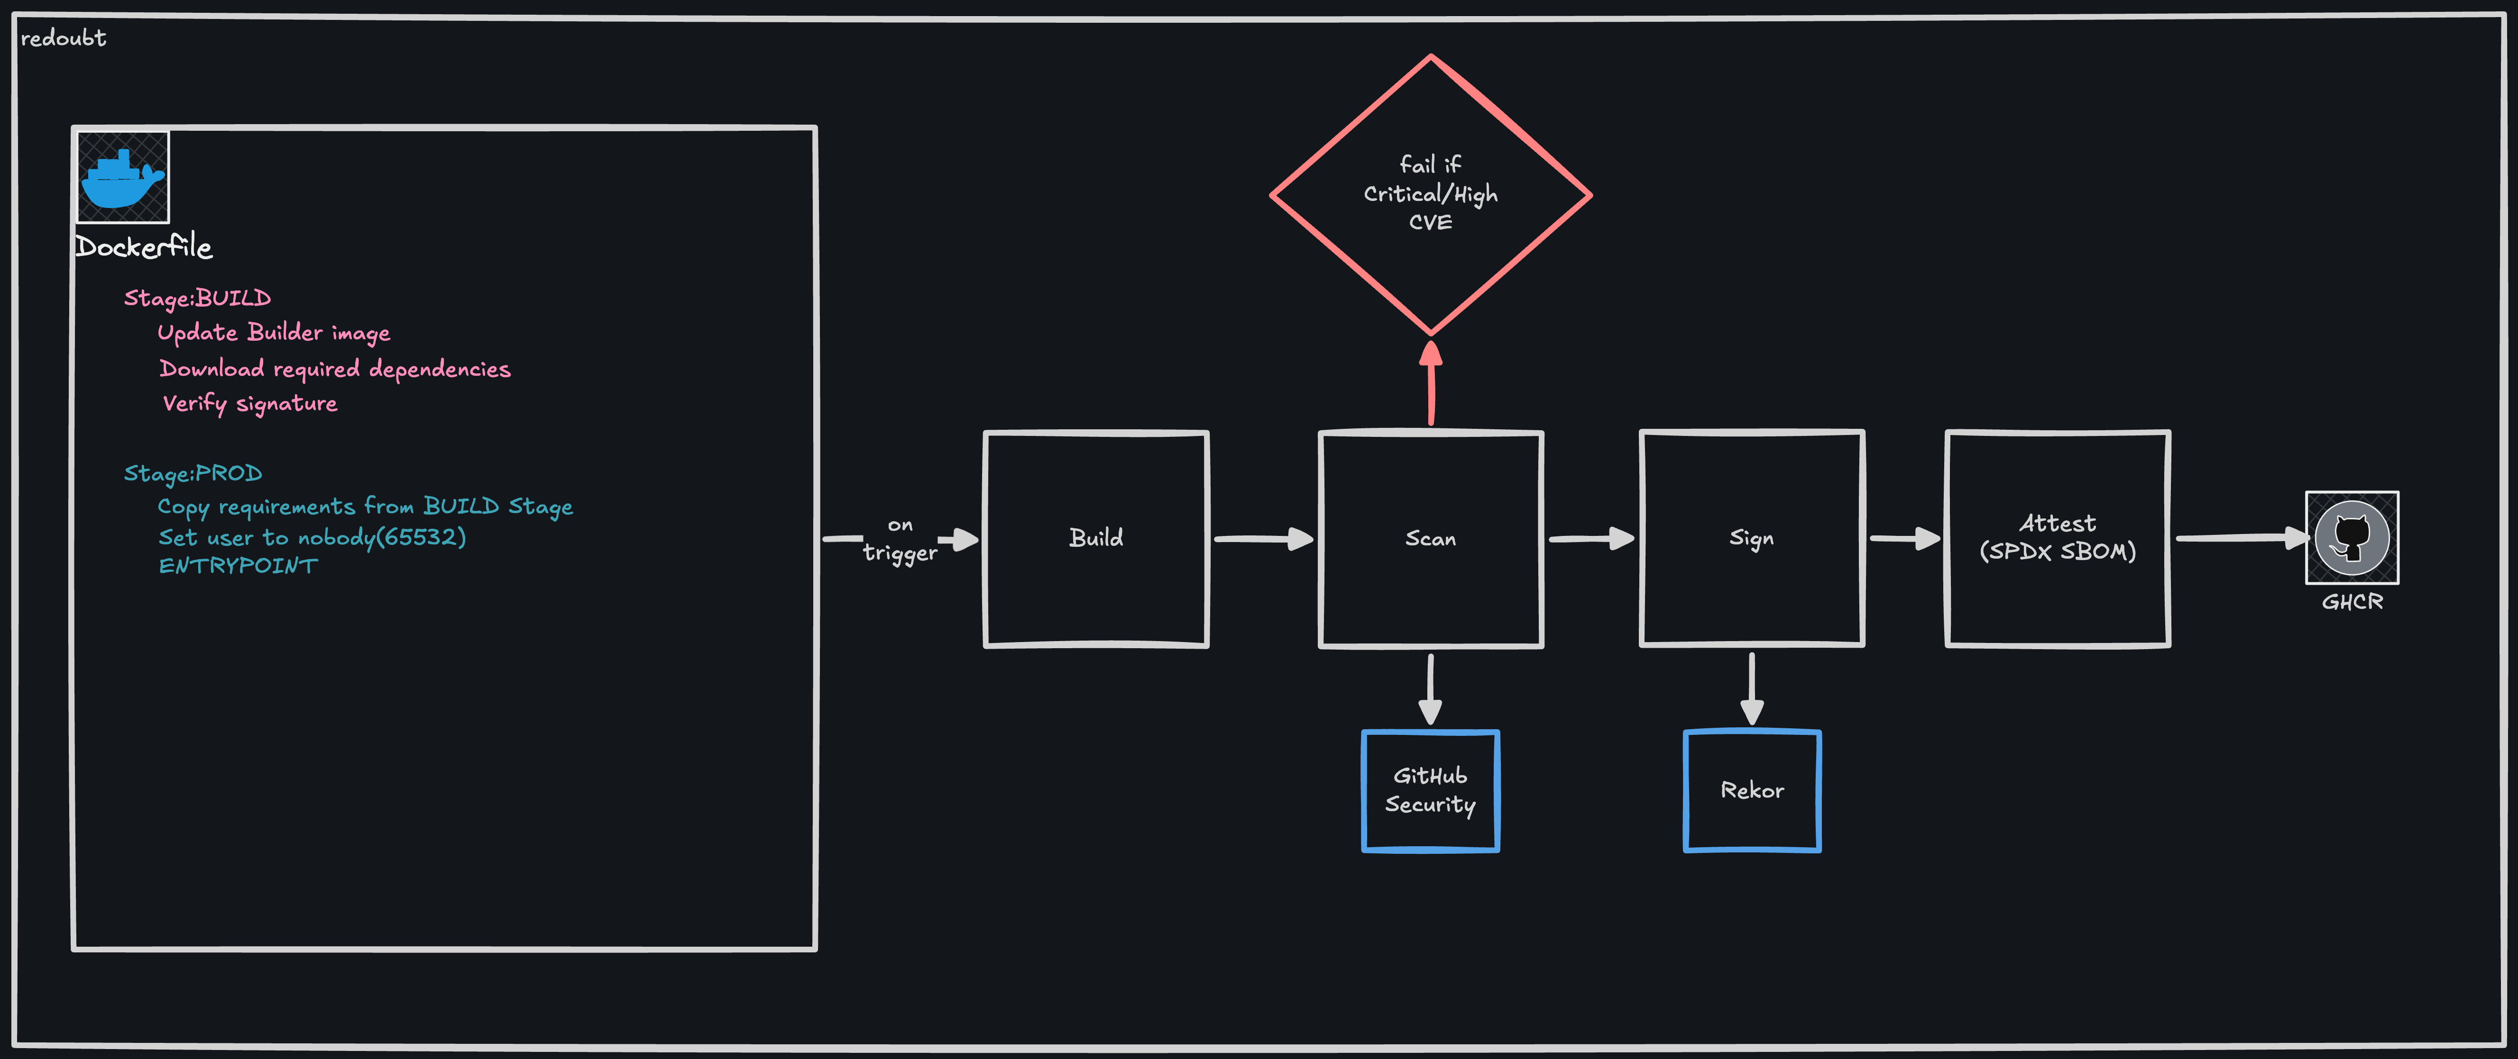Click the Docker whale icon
123,177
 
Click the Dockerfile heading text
144,246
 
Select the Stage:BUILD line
197,298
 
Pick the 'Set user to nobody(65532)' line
312,537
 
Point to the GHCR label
2352,602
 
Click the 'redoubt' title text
64,38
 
